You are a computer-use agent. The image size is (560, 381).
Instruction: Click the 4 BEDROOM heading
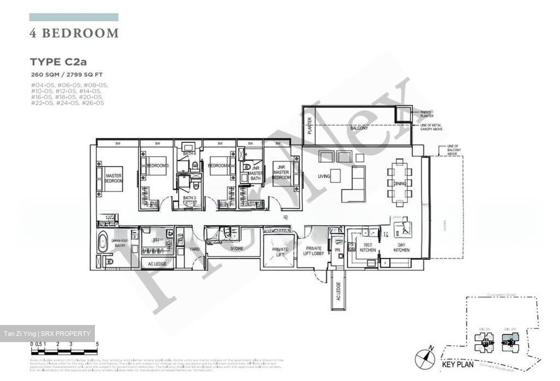pos(74,33)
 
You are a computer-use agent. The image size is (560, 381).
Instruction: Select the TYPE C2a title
pos(56,62)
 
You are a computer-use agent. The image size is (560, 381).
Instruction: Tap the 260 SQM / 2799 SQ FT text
pos(67,74)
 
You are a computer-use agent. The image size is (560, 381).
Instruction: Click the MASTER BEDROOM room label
pos(114,178)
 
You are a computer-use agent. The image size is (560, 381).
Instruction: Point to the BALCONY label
pos(359,128)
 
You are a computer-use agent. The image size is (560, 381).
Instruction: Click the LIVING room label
pos(324,176)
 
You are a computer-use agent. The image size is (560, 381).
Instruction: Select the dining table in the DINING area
pos(399,183)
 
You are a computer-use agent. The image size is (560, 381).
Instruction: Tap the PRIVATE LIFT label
pos(280,252)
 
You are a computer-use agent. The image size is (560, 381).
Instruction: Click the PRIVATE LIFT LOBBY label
pos(313,251)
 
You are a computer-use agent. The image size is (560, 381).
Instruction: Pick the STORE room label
pos(236,248)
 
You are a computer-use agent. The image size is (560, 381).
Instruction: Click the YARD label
pos(194,249)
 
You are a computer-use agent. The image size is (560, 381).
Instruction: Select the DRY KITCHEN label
pos(401,247)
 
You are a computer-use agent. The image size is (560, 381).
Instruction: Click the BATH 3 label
pos(189,198)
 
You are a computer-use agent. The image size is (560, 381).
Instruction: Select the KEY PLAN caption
pos(458,365)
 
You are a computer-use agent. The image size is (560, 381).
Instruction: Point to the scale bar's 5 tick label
pos(97,344)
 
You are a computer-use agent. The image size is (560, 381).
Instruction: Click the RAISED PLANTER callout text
pos(427,114)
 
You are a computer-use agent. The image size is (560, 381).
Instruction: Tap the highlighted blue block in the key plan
pos(510,339)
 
